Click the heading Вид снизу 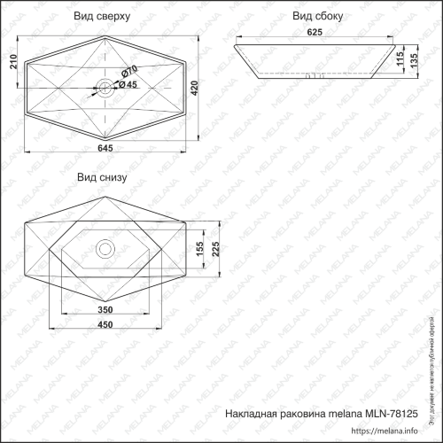pos(102,177)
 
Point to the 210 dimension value pos(12,61)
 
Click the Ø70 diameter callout pos(130,71)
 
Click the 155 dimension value pos(200,249)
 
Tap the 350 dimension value pos(105,309)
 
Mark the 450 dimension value pos(105,325)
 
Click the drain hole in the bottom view pos(105,249)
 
